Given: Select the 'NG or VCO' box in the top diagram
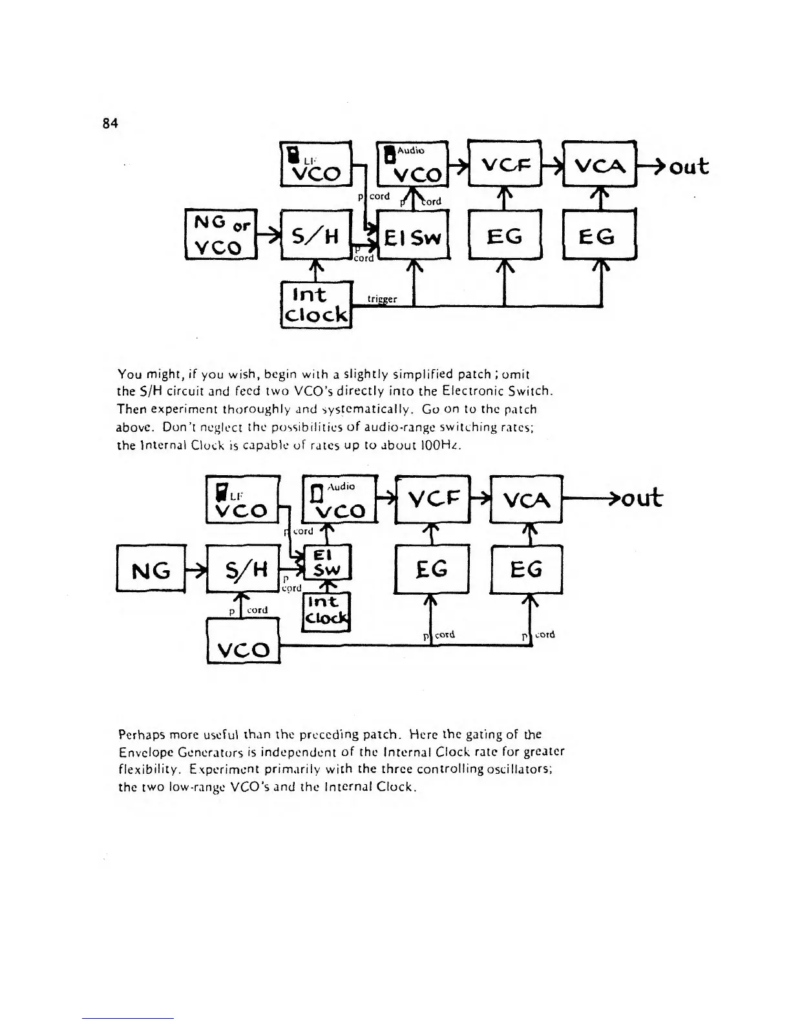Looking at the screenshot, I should point(222,234).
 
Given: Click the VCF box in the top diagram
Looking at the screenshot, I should point(504,164).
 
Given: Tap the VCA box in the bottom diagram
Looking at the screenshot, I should point(527,498).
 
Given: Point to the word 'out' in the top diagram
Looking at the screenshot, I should point(689,167).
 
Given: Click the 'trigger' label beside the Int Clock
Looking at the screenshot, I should point(381,299).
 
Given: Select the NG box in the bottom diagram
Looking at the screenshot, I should point(151,570).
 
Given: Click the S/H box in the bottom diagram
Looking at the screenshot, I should point(242,570).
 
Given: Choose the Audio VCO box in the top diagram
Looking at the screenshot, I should point(412,164).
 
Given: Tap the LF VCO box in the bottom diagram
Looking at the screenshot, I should point(242,499).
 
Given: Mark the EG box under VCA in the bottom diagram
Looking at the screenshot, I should point(527,570).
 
